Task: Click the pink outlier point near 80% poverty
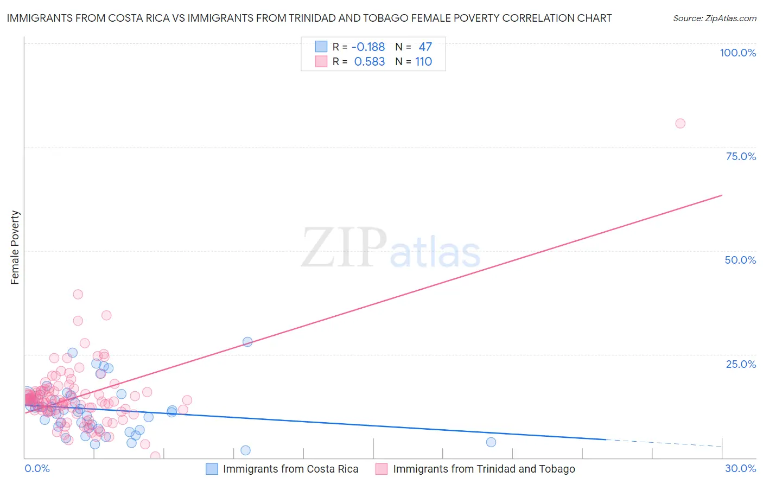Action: point(680,123)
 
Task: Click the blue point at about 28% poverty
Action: point(247,342)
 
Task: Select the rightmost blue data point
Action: point(491,442)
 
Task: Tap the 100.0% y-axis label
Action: point(737,53)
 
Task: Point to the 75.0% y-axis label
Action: point(741,156)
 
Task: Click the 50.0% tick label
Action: point(740,260)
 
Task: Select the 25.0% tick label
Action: point(741,364)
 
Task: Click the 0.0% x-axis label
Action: point(37,468)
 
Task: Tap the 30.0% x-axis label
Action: point(740,468)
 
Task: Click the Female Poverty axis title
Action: point(15,247)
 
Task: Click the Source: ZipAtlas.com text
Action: point(714,18)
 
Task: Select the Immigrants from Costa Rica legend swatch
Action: point(212,469)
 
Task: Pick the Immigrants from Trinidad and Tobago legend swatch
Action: point(381,469)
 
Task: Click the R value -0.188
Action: point(368,47)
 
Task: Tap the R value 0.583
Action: point(370,62)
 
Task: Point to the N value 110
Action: point(424,62)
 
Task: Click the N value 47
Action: point(425,47)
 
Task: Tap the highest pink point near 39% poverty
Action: point(78,294)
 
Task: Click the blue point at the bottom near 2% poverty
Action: point(245,450)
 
